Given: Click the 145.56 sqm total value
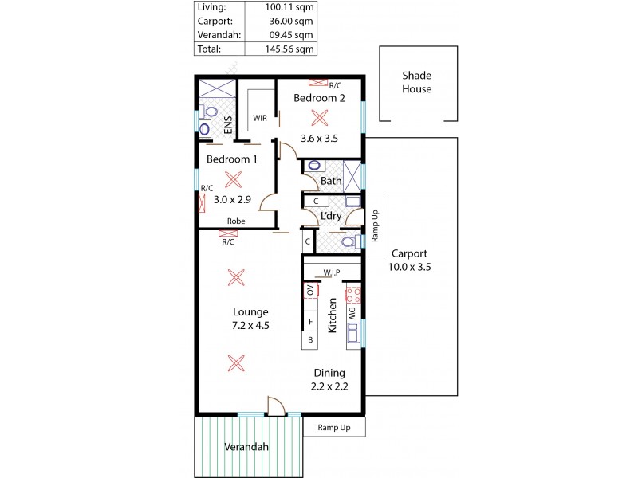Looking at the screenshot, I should (x=290, y=49).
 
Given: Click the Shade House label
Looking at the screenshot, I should (x=416, y=82).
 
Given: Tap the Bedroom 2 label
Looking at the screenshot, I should (x=319, y=98).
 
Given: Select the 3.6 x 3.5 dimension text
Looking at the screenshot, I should (x=319, y=138).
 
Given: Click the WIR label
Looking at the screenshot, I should (x=260, y=118).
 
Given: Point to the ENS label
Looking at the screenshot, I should (x=227, y=126).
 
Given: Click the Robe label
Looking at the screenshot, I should (x=235, y=221).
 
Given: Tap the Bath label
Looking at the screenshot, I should (x=331, y=181).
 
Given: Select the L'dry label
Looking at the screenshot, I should (x=331, y=216).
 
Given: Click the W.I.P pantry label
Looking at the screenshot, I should (x=332, y=272).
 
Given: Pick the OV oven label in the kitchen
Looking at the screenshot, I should (x=310, y=291).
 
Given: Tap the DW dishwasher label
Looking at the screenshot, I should (x=351, y=315).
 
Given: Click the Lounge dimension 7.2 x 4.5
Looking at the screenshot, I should (x=250, y=326).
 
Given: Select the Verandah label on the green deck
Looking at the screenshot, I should (x=246, y=447).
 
